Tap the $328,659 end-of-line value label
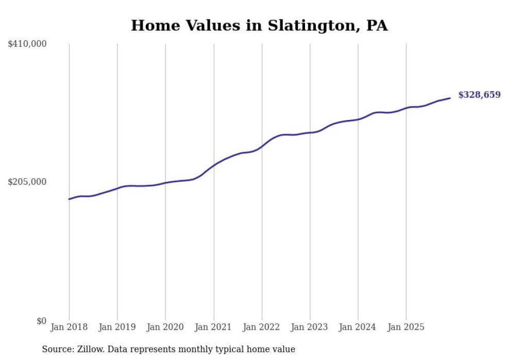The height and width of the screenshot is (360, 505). click(x=479, y=95)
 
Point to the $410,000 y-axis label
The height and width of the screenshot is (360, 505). click(x=27, y=44)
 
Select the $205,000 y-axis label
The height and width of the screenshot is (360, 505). click(x=27, y=182)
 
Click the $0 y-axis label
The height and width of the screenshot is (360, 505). click(x=41, y=321)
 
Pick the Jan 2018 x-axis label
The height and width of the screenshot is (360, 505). click(x=69, y=327)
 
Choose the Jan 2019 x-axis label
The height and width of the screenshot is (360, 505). click(x=117, y=327)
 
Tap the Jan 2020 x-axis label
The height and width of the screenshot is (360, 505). click(x=165, y=327)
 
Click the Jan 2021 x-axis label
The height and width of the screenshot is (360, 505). click(x=214, y=327)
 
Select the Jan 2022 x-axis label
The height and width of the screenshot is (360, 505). click(x=262, y=327)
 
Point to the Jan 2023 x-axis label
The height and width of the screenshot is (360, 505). click(x=310, y=327)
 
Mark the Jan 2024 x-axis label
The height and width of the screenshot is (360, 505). click(x=358, y=327)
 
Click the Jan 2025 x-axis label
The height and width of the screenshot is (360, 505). click(x=406, y=327)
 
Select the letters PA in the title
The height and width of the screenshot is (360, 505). click(x=377, y=26)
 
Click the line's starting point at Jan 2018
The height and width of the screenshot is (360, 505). click(x=69, y=199)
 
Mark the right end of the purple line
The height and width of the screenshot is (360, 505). click(x=450, y=98)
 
